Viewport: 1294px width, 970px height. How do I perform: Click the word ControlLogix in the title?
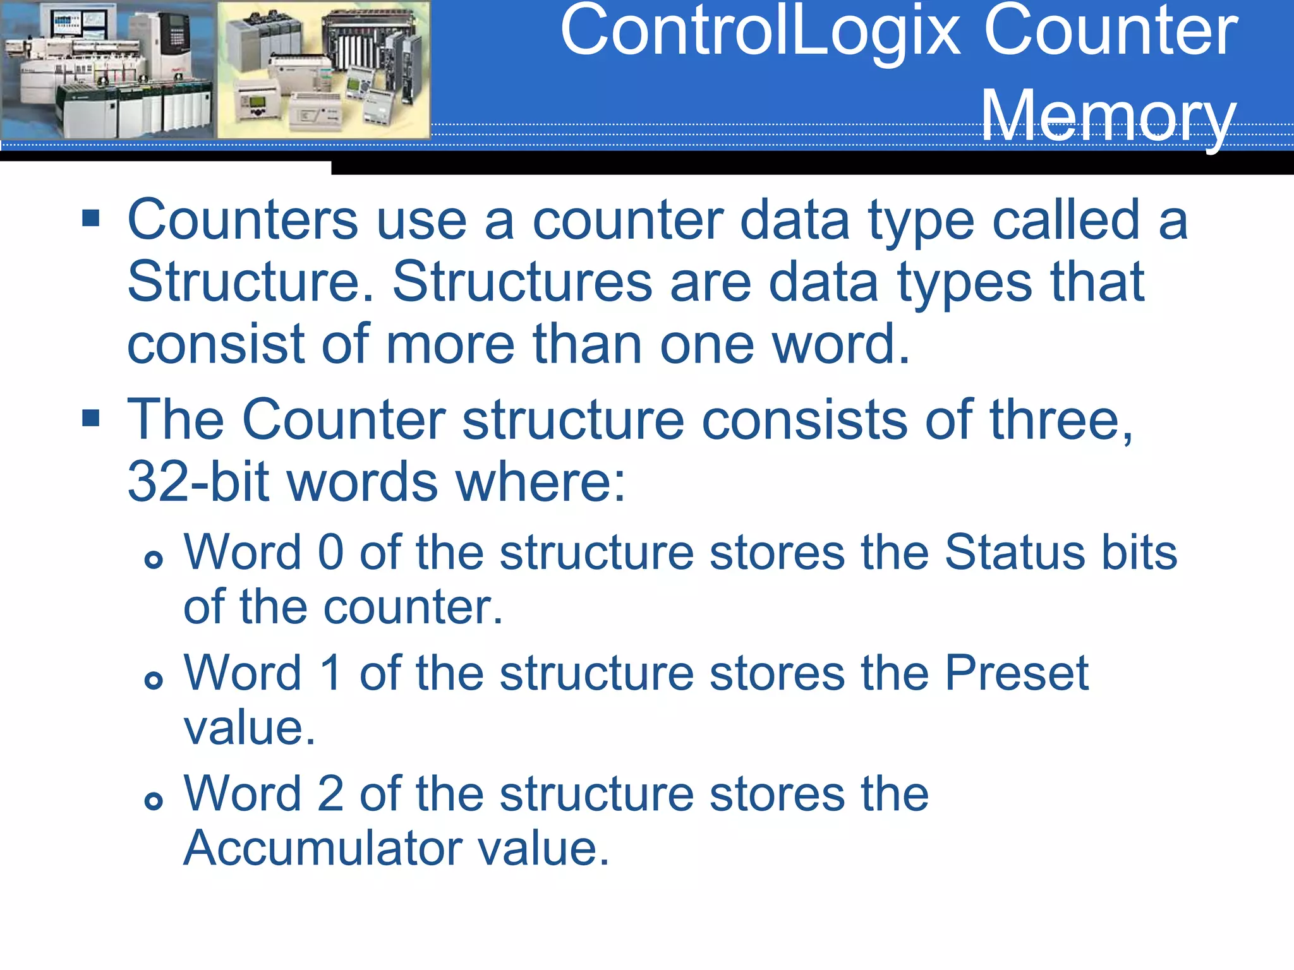761,32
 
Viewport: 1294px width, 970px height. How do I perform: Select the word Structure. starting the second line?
250,282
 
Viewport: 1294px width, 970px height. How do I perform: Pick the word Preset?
1017,673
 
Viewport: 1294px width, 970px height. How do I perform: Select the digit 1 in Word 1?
330,673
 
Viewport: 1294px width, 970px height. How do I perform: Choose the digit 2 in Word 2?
330,794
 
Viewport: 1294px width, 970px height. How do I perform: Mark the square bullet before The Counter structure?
91,418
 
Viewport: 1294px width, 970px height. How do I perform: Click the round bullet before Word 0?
154,559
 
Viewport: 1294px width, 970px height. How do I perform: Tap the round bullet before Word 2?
154,801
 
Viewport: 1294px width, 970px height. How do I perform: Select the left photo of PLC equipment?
107,69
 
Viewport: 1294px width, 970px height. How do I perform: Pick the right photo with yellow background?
323,69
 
